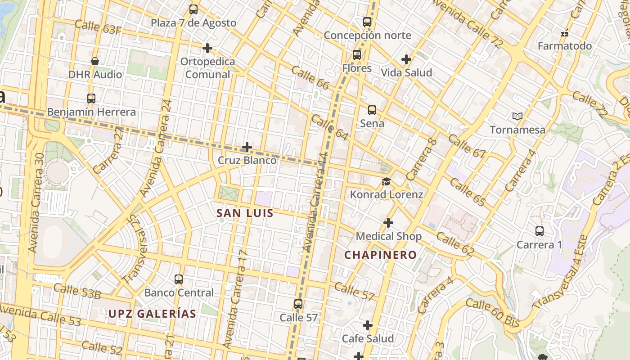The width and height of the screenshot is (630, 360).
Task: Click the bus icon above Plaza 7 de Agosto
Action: tap(193, 9)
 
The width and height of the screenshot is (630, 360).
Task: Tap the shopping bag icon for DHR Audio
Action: tap(95, 61)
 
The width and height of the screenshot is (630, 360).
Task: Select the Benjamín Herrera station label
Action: tap(91, 112)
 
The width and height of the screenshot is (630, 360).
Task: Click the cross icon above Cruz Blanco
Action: tap(247, 147)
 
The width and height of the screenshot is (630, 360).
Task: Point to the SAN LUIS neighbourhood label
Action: tap(245, 213)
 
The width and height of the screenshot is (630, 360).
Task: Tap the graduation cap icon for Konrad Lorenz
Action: tap(386, 181)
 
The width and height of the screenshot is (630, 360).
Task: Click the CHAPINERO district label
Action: tap(381, 255)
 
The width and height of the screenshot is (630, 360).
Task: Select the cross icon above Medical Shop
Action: tap(388, 223)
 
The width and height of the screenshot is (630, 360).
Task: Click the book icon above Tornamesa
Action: tap(517, 117)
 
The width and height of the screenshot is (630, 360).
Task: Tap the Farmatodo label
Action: tap(565, 46)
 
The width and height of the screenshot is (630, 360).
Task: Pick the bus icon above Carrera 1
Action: tap(540, 231)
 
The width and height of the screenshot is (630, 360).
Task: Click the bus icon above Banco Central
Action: tap(179, 279)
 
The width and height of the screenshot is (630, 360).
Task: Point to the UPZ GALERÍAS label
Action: tap(152, 314)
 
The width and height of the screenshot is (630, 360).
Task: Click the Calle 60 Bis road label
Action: tap(493, 313)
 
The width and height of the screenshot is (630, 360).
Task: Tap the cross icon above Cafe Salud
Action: tap(368, 325)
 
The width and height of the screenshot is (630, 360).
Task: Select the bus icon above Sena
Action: tap(372, 110)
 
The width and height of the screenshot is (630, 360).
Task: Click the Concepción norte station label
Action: tap(367, 35)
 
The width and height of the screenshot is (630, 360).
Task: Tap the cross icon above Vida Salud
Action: tap(406, 59)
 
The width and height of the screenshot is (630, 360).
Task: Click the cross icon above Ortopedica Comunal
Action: tap(207, 48)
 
